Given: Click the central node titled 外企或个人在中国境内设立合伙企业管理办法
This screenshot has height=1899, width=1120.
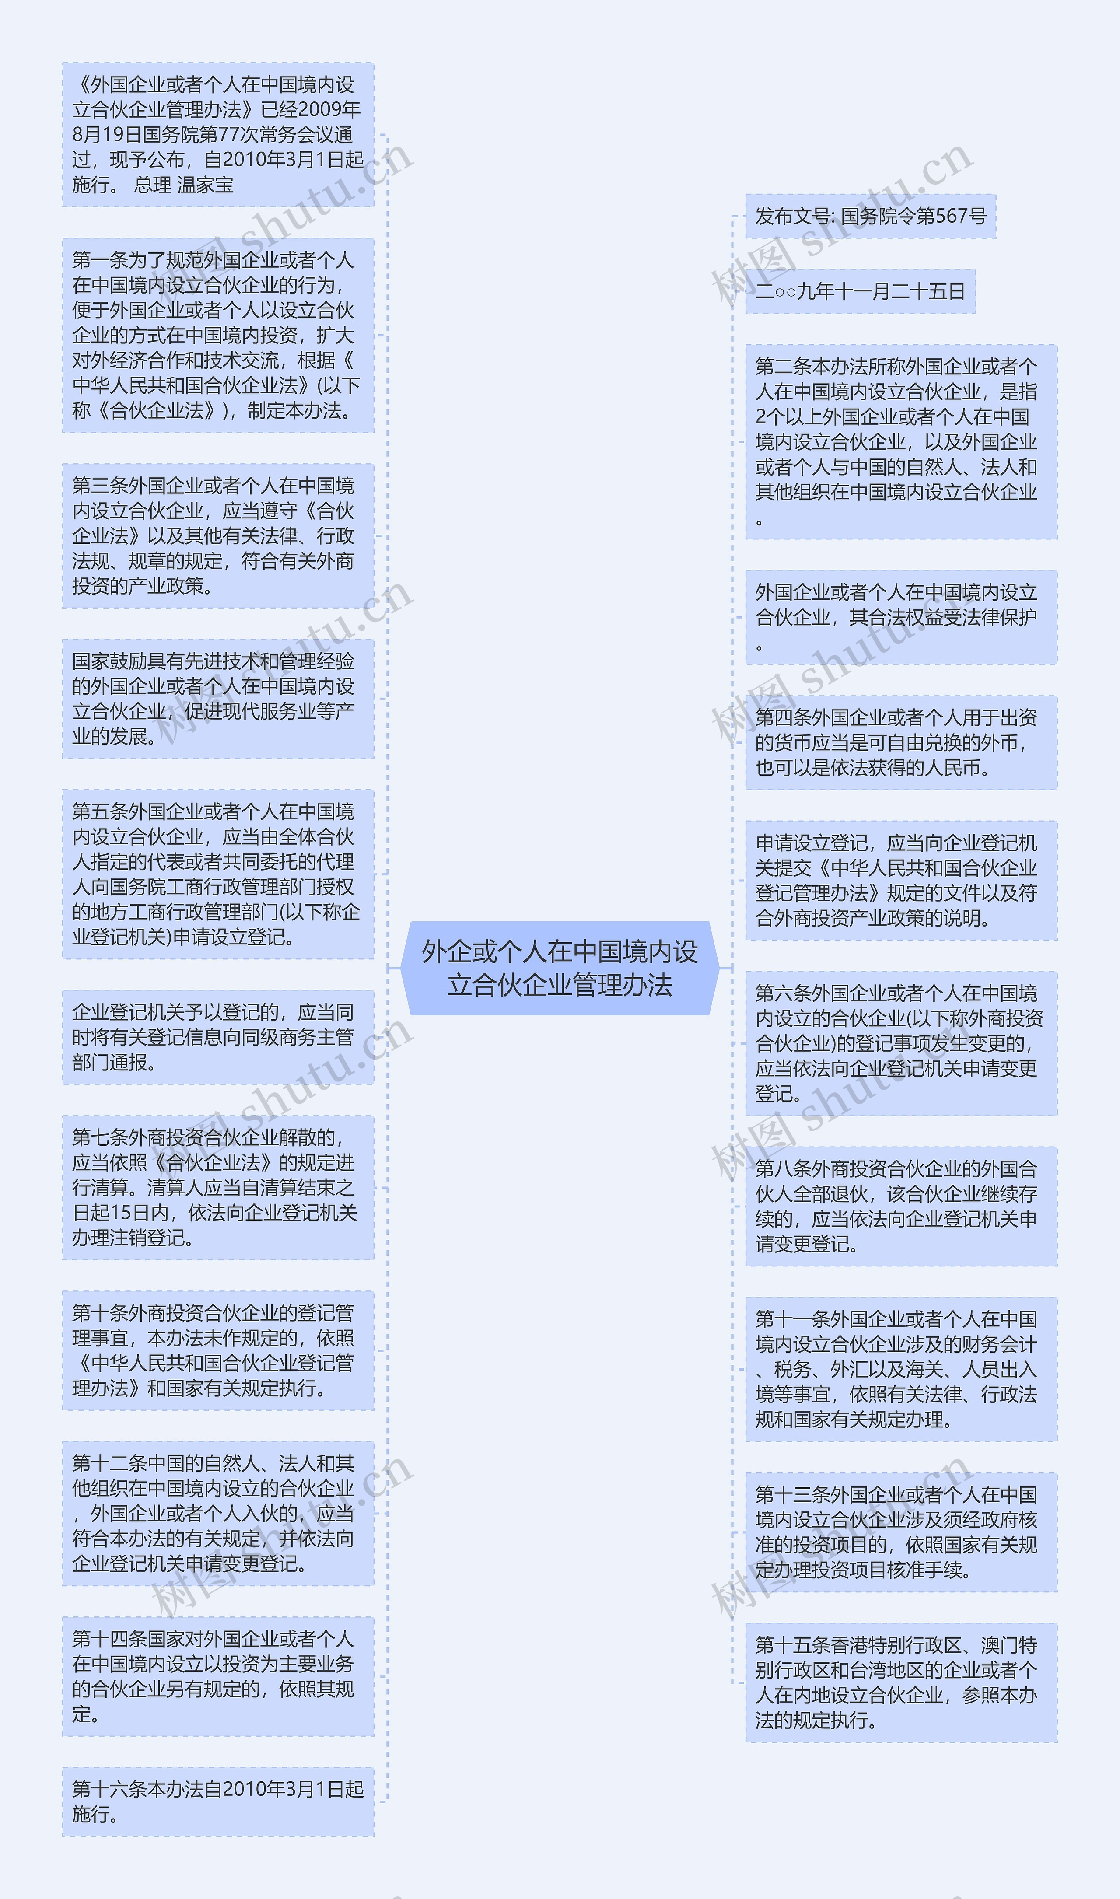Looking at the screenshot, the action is (x=559, y=968).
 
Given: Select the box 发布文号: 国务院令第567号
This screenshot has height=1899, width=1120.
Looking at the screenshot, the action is (x=870, y=217).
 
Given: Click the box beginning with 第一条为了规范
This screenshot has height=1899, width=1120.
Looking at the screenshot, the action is (x=217, y=336).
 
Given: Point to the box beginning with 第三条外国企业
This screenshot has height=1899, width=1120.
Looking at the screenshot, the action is (x=217, y=536).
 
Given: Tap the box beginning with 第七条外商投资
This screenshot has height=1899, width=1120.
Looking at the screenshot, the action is (x=217, y=1188).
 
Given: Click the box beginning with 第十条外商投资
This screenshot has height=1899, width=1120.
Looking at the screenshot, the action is (x=217, y=1350).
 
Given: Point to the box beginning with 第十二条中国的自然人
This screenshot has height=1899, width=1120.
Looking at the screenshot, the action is (x=217, y=1514).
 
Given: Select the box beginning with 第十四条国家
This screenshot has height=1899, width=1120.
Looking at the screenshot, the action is (x=217, y=1676).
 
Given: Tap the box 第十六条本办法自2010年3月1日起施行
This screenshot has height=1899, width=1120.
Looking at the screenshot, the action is (x=217, y=1802).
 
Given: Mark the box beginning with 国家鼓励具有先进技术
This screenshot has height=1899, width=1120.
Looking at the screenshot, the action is (x=217, y=699).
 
